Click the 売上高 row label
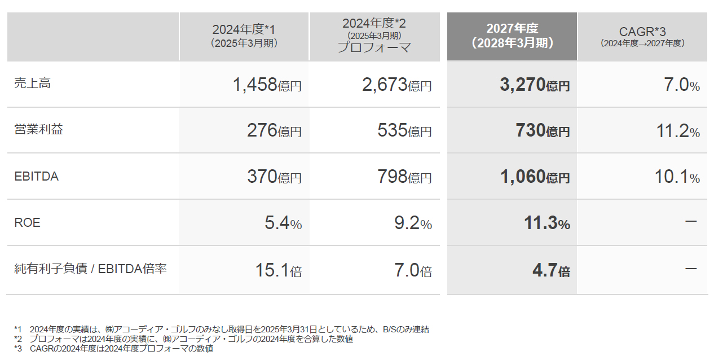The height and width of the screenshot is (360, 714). coord(32,84)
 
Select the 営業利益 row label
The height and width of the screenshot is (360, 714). coord(38,130)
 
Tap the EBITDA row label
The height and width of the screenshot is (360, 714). coord(37,177)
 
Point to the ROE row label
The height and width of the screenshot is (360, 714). coord(28,223)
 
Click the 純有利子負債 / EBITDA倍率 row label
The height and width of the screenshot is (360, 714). coord(90,269)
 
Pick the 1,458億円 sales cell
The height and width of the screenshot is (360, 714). coord(267,85)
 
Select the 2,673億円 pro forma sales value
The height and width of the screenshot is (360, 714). coord(397,85)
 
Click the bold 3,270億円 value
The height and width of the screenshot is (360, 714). coord(535,85)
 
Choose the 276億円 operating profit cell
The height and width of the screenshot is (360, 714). coord(274,131)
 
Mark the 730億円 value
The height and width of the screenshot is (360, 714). coord(542,131)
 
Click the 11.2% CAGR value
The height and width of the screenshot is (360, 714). coord(677,131)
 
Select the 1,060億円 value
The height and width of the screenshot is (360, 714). coord(535,177)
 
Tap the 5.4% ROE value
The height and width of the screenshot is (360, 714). coord(283,223)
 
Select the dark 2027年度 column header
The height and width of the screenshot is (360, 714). coord(512,36)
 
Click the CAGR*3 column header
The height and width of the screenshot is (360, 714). coord(642,36)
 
